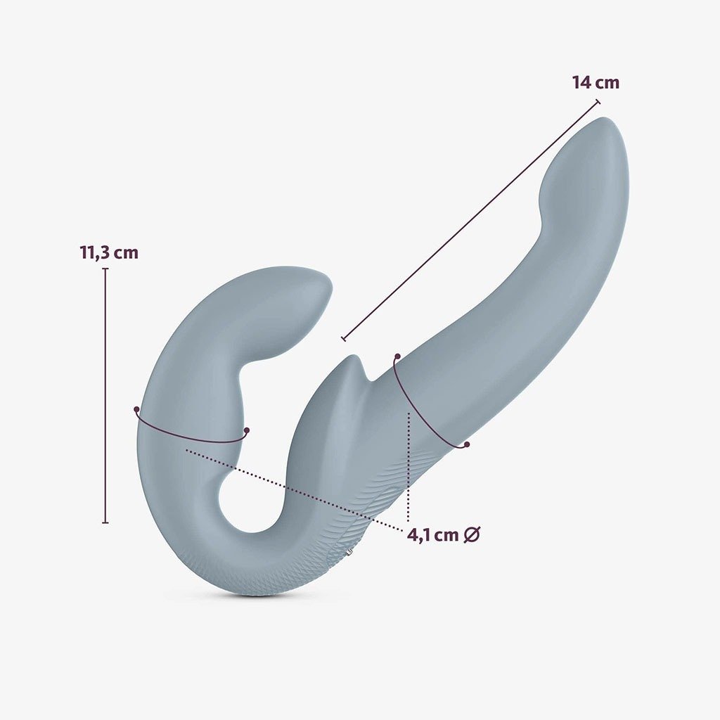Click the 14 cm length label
click(596, 82)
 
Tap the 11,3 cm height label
click(109, 252)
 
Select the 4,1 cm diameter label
click(433, 535)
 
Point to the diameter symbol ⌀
click(472, 535)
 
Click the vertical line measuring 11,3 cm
click(105, 394)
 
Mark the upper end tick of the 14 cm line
click(598, 102)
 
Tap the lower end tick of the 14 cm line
click(344, 338)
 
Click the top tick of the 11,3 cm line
click(105, 269)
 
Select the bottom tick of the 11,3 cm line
click(105, 522)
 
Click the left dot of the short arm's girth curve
click(136, 409)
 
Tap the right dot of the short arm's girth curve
click(247, 430)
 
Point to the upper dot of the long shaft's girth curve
click(397, 356)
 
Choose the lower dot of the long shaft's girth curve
click(466, 444)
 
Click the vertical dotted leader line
click(409, 468)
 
